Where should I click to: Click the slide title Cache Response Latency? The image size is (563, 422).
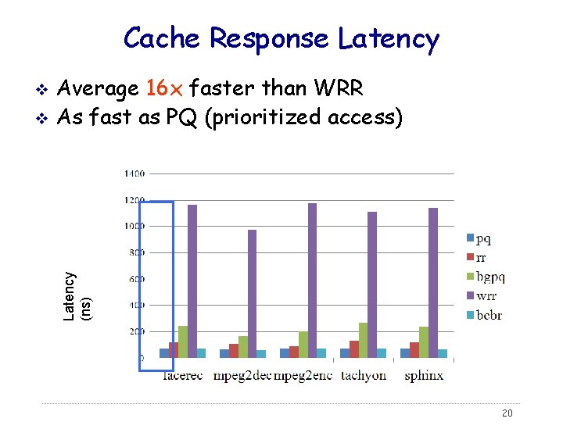(x=281, y=38)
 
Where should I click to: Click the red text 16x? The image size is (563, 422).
(x=163, y=89)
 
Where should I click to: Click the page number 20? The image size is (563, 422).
(x=507, y=413)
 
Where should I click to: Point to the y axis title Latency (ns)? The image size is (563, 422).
(x=77, y=296)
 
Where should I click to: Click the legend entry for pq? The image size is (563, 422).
(x=479, y=238)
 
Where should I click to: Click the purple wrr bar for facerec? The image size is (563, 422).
(x=192, y=281)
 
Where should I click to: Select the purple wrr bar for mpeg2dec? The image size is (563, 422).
(x=252, y=294)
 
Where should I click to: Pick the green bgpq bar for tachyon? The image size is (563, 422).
(x=363, y=340)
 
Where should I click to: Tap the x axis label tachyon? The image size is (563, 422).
(x=364, y=375)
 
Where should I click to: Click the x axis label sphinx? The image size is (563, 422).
(x=424, y=375)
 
